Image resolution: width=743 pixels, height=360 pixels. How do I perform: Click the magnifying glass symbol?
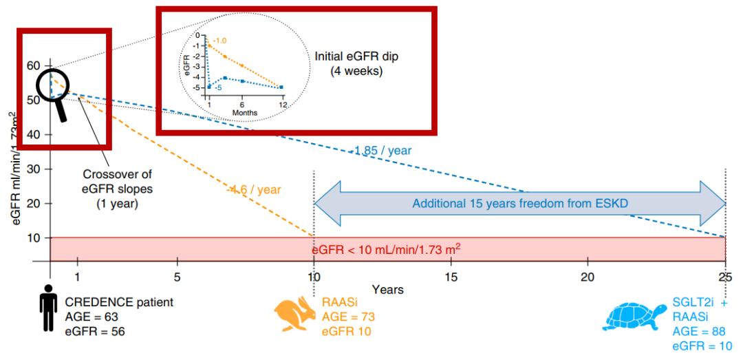(54, 93)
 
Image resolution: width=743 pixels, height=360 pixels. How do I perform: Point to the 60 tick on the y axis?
(32, 65)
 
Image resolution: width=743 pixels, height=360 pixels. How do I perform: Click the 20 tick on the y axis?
(32, 203)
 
